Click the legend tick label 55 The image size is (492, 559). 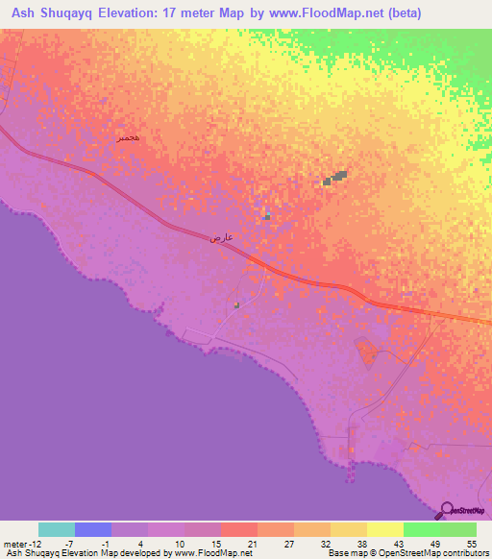(x=472, y=544)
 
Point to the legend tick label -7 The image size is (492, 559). (x=57, y=544)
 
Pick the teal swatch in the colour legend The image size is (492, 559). (x=57, y=529)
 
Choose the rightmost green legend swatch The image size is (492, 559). (x=458, y=529)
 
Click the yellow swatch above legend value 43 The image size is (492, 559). (x=385, y=529)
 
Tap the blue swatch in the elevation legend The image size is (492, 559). (x=93, y=529)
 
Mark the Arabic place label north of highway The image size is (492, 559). (x=128, y=138)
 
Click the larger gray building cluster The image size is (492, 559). (x=334, y=178)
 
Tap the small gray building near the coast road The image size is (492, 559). (x=236, y=304)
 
